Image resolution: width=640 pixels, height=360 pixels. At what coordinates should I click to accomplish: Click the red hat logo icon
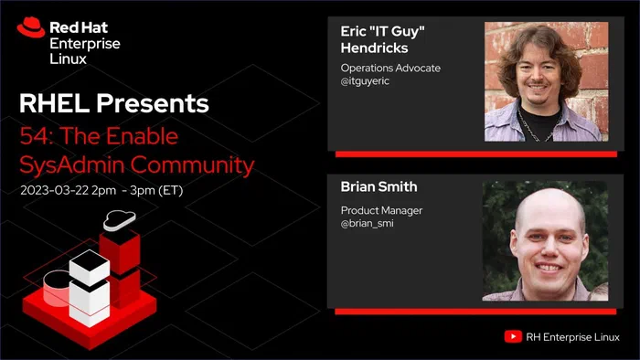tap(30, 27)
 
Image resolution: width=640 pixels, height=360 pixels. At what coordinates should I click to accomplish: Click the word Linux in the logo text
tap(69, 59)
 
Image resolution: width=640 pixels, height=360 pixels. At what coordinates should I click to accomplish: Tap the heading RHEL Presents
tap(114, 103)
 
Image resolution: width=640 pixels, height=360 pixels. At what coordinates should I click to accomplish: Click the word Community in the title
tap(192, 165)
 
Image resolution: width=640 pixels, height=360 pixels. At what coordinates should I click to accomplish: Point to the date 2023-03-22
tap(54, 190)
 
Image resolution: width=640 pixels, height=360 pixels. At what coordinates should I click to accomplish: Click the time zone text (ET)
tap(170, 190)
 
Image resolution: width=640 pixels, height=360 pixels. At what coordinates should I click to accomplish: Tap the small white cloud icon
tap(119, 220)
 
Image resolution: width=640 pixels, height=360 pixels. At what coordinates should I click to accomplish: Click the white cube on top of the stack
tap(90, 268)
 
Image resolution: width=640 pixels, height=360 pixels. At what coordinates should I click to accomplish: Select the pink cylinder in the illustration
tap(57, 288)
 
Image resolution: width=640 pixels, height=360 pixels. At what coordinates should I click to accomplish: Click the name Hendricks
tap(374, 48)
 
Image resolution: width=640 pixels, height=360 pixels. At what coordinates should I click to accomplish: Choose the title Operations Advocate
tap(390, 69)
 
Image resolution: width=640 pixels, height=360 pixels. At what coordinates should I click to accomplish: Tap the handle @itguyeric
tap(365, 80)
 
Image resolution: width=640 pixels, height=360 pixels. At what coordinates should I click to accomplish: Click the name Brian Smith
tap(379, 186)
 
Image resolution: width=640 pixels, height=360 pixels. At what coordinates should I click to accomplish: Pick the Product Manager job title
tap(381, 210)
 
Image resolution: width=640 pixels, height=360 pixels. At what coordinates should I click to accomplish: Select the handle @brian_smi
tap(368, 224)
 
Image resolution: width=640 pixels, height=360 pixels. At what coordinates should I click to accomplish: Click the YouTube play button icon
tap(513, 337)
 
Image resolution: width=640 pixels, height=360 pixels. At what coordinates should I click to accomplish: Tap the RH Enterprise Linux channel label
tap(572, 337)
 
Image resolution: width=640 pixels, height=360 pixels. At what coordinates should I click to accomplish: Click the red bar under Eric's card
tap(476, 154)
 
